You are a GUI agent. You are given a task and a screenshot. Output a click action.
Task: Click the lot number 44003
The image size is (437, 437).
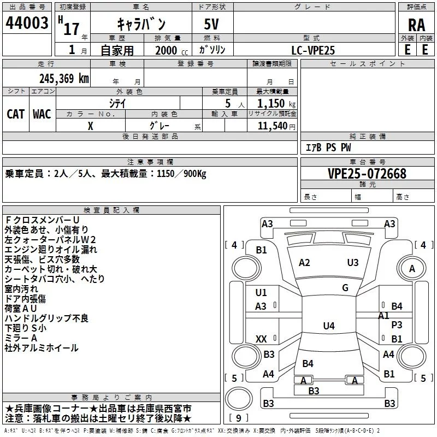point(26,23)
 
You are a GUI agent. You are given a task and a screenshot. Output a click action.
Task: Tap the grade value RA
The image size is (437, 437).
point(416,25)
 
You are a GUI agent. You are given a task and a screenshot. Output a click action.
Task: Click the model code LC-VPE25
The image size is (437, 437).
point(313,50)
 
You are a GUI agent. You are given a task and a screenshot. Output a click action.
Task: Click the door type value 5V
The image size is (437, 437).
point(212,24)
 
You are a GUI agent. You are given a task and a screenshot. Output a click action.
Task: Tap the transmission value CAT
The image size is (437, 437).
point(15,114)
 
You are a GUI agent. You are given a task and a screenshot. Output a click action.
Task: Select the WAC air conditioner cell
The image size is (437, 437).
point(42,114)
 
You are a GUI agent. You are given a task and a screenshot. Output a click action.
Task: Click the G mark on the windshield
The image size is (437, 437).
point(345,287)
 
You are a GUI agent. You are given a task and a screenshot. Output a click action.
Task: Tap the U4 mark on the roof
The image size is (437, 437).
point(328,326)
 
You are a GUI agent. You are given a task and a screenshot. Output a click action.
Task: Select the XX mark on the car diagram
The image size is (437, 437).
point(261,339)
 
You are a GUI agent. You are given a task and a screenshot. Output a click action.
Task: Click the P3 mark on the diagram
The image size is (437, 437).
point(397,324)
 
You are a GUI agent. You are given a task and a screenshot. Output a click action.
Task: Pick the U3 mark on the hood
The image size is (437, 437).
point(353,263)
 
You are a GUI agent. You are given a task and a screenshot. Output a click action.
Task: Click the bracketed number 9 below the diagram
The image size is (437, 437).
point(239,418)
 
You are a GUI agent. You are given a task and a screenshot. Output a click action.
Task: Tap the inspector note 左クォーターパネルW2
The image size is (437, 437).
point(50,239)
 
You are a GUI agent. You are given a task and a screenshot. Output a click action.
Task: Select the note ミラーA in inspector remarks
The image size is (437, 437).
point(21,338)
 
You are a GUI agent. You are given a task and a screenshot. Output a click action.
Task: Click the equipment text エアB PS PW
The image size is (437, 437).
point(328,147)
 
